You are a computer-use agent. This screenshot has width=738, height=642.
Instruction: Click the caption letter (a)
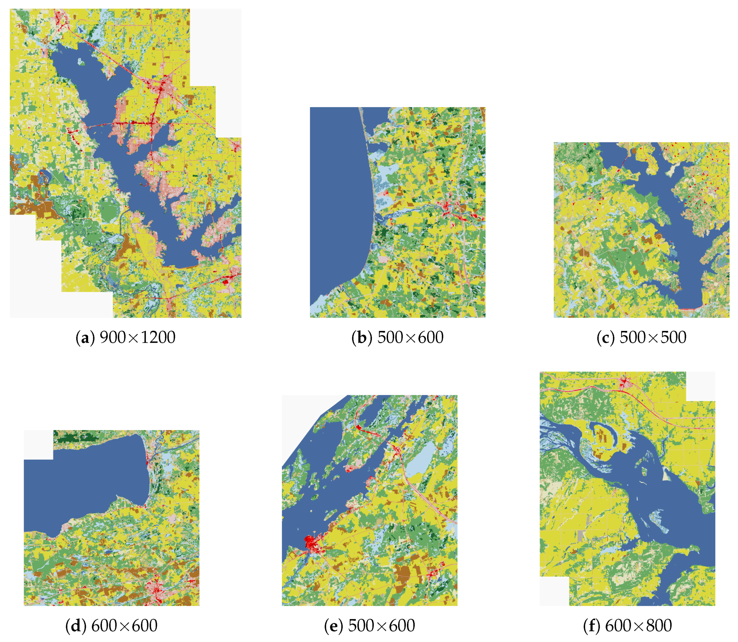coord(85,337)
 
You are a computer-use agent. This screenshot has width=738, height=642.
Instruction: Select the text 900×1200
coord(138,337)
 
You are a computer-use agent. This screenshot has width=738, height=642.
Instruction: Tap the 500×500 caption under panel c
coord(653,337)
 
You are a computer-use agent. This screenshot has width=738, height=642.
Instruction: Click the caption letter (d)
coord(75,626)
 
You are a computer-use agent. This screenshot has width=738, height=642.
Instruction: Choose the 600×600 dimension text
coord(124,626)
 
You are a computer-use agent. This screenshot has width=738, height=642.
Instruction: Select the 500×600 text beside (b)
coord(410,337)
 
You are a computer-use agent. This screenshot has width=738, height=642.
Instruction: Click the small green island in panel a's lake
coord(81,63)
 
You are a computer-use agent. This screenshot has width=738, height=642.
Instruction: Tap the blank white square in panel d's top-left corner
coord(38,444)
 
